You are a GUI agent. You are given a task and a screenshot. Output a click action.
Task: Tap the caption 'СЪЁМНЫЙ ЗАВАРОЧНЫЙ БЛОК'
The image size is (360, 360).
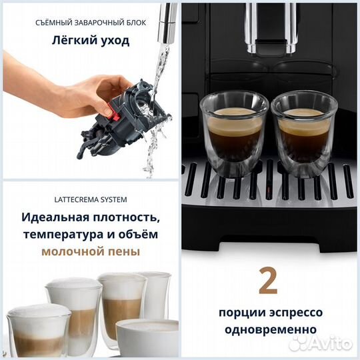[x=90, y=22]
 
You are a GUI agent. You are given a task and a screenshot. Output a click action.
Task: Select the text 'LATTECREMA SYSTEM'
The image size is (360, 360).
[x=90, y=199]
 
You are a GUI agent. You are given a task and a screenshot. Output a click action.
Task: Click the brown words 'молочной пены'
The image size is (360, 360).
[x=90, y=251]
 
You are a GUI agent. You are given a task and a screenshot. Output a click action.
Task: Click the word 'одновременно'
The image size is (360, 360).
[x=270, y=329]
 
